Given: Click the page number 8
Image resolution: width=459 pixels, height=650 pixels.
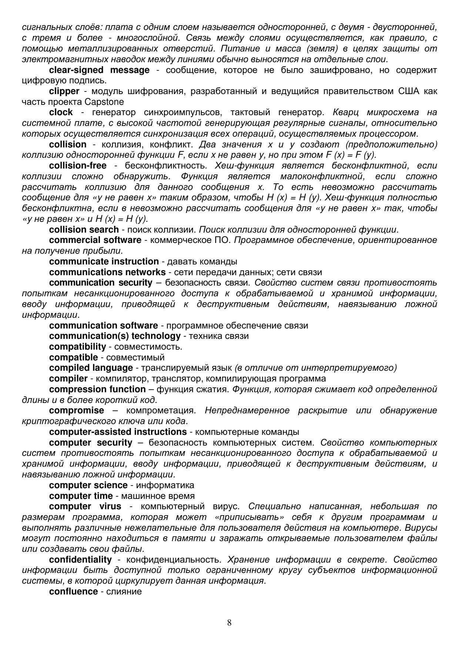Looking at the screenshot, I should point(229,622).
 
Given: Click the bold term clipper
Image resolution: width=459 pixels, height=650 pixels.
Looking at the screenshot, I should point(64,91).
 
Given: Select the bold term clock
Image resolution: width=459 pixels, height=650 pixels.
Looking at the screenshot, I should point(61,112).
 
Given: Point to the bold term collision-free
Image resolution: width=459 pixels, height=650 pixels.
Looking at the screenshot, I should point(77,166).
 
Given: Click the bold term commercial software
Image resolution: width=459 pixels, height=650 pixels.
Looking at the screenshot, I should point(95,240).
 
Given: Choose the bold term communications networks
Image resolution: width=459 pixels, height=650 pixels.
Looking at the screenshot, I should point(107,272).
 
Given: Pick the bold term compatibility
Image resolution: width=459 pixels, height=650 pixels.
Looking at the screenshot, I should point(77,347).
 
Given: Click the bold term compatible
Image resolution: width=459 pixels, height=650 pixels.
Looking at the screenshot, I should point(73,357).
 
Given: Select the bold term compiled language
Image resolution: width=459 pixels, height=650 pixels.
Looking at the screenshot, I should point(91,368).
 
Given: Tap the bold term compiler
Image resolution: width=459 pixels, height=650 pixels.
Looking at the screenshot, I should point(68,379).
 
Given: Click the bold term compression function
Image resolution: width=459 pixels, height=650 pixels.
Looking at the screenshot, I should point(97,389).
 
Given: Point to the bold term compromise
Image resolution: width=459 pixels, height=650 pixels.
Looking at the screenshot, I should point(77,410).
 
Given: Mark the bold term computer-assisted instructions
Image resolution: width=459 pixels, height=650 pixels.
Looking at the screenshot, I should point(118,432).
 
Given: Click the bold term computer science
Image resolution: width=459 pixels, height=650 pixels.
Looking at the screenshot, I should point(88,485).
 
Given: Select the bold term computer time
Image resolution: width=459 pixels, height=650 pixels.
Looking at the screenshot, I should point(81,496).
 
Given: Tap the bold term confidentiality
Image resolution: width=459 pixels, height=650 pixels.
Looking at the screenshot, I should point(80,560).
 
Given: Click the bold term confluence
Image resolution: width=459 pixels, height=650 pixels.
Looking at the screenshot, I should point(73,591).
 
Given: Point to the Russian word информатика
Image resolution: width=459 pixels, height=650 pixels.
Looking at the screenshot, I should point(165,485).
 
